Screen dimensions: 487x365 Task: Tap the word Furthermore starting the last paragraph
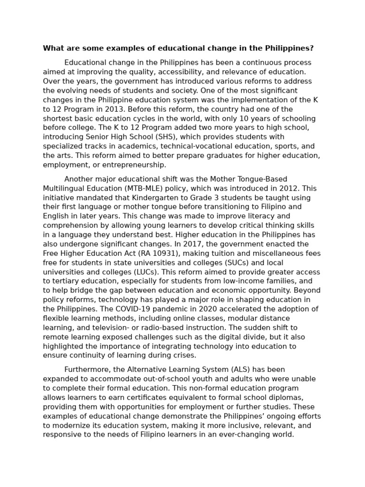pos(86,370)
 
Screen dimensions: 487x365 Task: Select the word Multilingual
pos(65,188)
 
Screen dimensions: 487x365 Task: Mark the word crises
pos(183,355)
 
